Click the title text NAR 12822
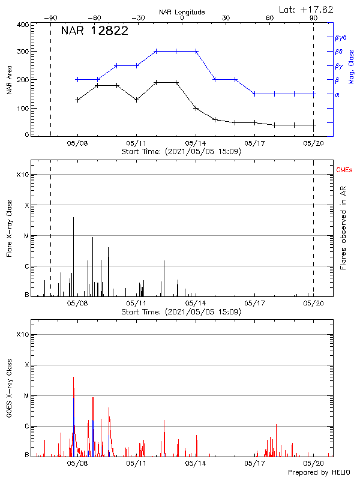(94, 31)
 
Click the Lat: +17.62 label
(307, 9)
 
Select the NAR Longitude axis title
(182, 12)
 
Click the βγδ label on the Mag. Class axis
(340, 37)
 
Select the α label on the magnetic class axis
(337, 94)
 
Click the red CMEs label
(345, 171)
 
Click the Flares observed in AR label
(343, 227)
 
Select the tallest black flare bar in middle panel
(73, 255)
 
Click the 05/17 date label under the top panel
(254, 144)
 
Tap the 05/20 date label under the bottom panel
(313, 464)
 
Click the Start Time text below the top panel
(181, 152)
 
